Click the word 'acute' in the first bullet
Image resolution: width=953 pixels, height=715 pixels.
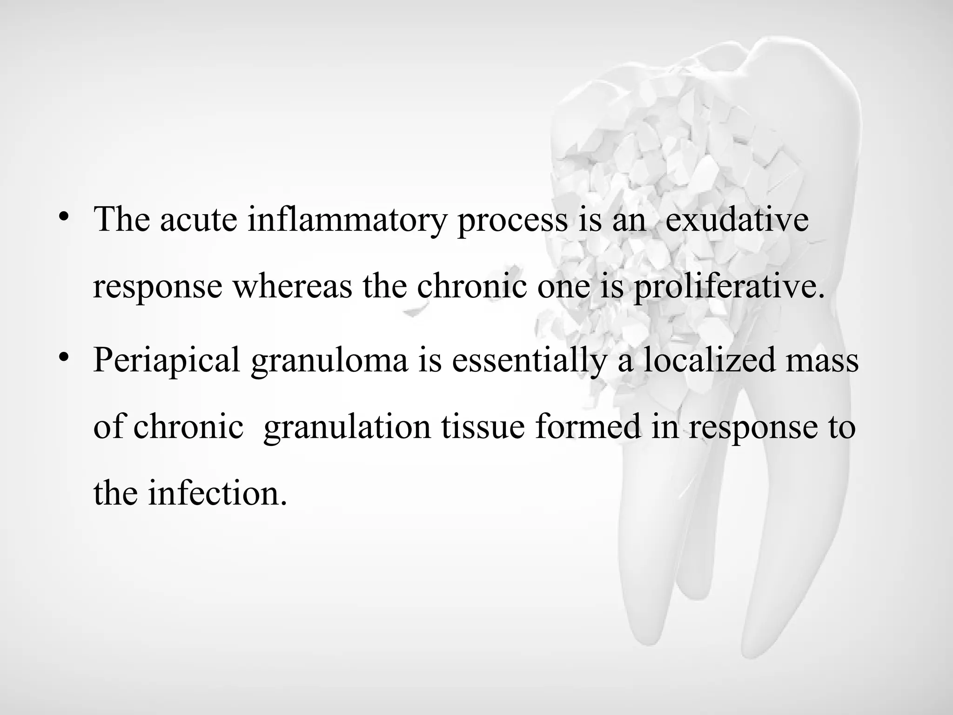[x=198, y=220]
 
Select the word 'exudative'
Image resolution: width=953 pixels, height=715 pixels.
[x=737, y=220]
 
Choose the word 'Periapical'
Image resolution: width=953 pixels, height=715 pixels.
[x=167, y=360]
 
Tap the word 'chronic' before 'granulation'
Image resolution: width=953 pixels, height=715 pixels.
[x=188, y=426]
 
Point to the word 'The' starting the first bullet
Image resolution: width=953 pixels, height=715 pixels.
[x=121, y=220]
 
